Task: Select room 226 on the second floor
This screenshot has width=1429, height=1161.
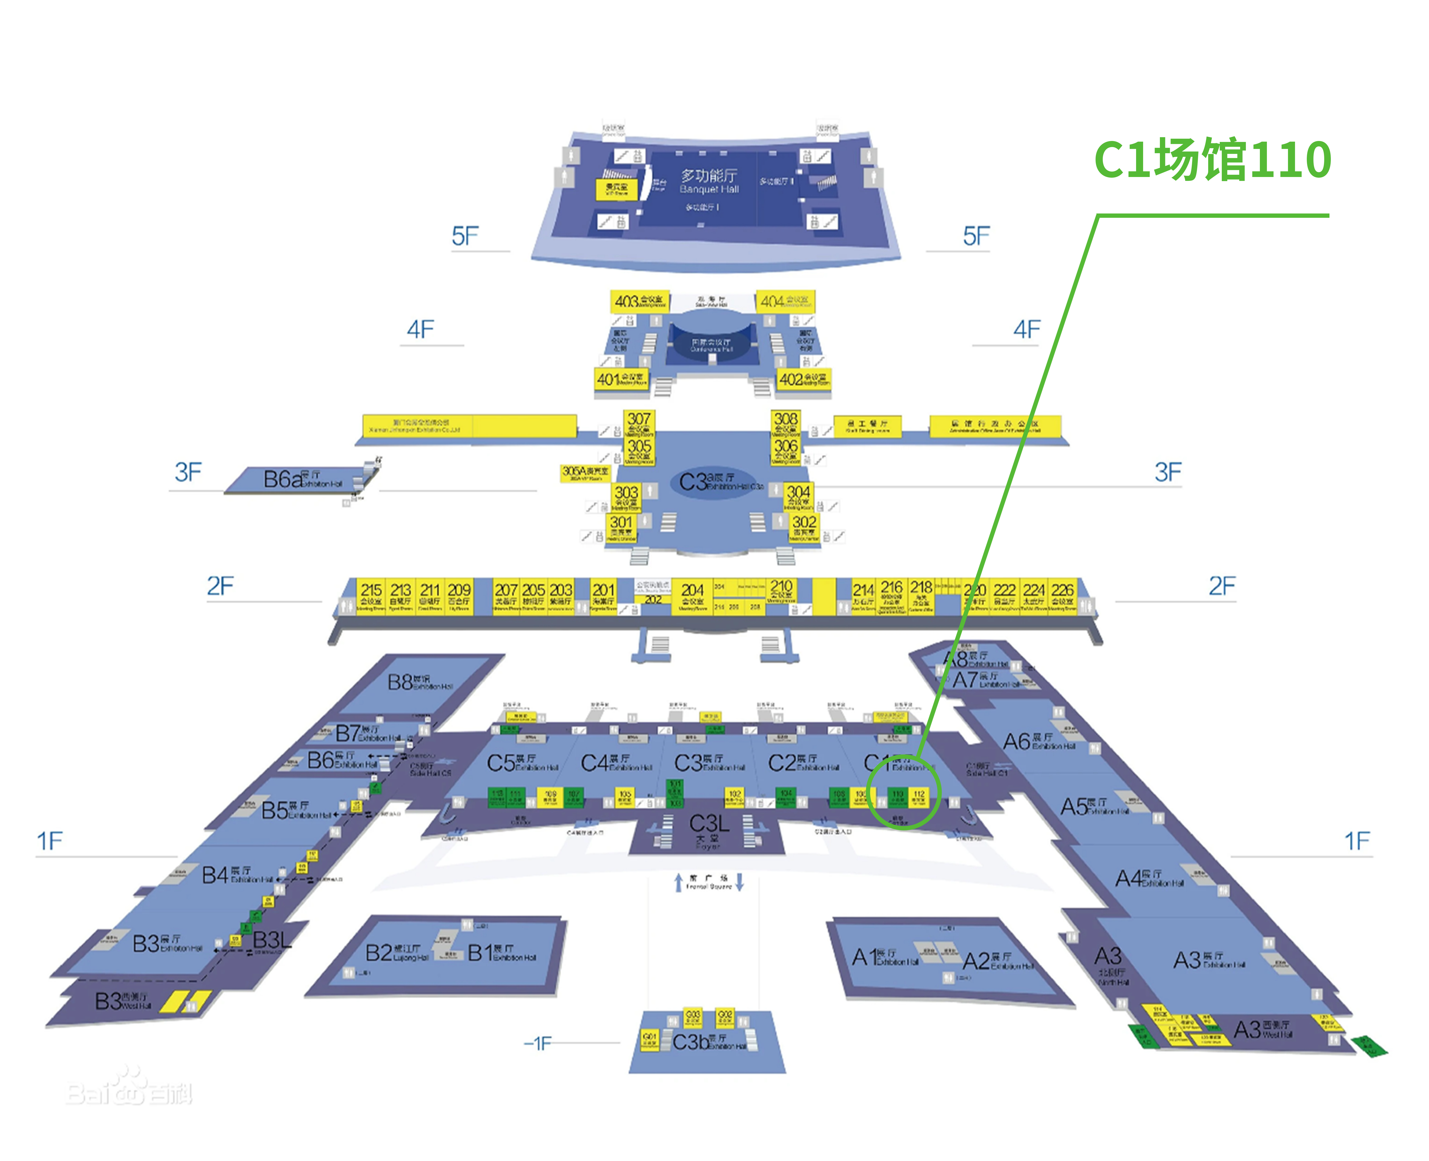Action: [1062, 595]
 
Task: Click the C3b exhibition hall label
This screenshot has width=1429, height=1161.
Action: [708, 1042]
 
